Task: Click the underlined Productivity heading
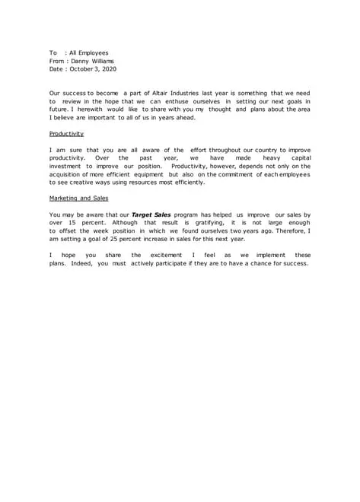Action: click(x=67, y=133)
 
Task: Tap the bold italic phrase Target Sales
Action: click(x=154, y=214)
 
